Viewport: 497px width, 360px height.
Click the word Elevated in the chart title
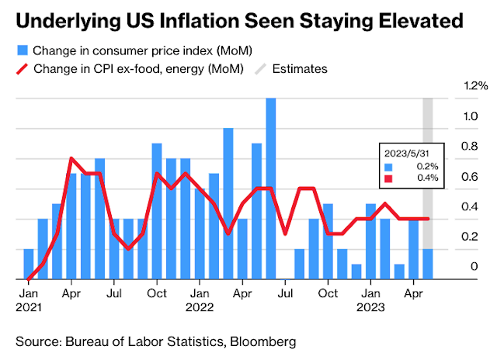(410, 19)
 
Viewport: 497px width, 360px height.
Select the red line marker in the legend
(24, 68)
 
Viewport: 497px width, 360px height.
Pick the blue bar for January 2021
(29, 264)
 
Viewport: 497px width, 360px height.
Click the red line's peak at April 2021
(71, 158)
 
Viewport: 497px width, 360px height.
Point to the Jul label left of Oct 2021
(114, 294)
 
